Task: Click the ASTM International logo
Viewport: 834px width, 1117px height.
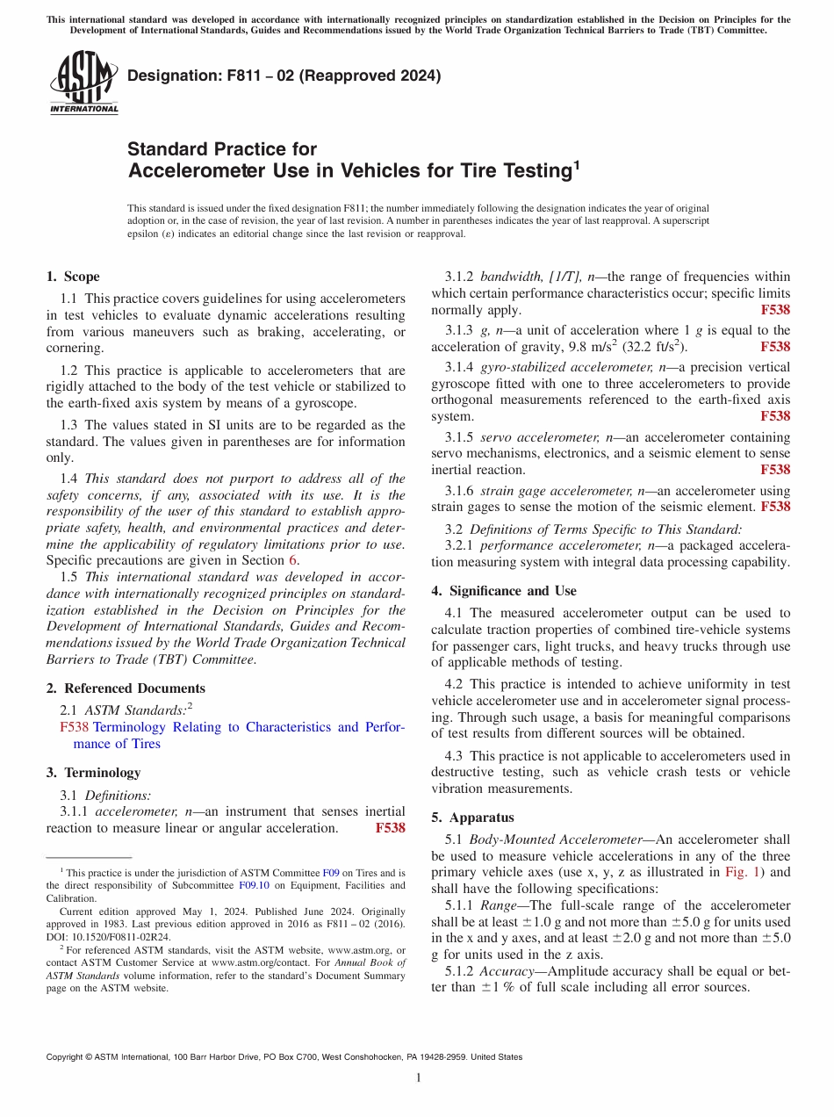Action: click(x=83, y=83)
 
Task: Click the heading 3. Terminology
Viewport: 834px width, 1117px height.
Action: click(x=93, y=773)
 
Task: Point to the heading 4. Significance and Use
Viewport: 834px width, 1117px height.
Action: click(x=503, y=591)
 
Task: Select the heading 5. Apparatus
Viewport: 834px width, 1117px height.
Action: click(x=472, y=817)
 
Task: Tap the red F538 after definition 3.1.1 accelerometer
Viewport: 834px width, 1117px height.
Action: click(x=390, y=828)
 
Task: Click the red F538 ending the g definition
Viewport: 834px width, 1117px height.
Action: click(x=775, y=347)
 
